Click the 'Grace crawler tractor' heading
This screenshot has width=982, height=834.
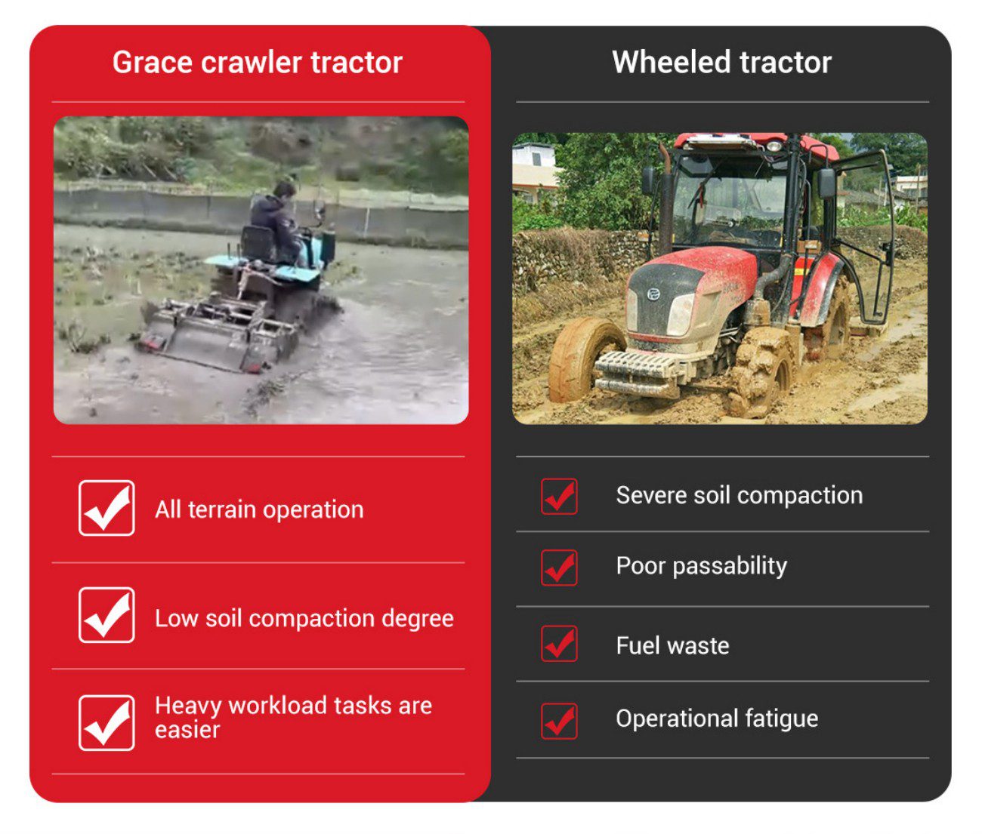click(258, 63)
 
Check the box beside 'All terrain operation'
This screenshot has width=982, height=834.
click(107, 508)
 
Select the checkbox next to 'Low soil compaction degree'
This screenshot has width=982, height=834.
click(107, 615)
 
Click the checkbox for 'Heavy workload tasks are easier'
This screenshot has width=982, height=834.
click(107, 723)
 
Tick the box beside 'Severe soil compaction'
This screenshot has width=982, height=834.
click(559, 496)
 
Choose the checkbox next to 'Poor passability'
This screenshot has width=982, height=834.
click(559, 568)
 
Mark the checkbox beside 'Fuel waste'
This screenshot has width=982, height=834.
click(559, 643)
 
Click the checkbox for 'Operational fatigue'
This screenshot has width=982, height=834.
click(559, 721)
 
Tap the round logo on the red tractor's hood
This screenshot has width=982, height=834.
click(654, 295)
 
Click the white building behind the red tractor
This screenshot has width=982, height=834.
click(534, 171)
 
